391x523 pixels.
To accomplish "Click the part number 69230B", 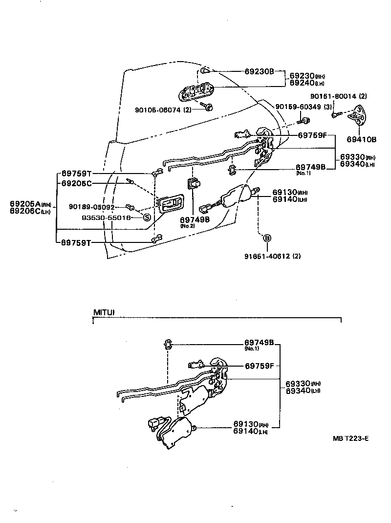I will click(260, 71).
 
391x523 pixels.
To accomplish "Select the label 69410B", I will click(362, 139).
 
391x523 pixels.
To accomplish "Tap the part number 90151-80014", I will click(336, 96).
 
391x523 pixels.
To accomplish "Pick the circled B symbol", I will click(267, 238).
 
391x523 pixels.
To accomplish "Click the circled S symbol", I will click(147, 218).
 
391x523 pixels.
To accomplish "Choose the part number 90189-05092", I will click(91, 207).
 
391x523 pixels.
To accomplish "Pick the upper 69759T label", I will click(76, 174).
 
